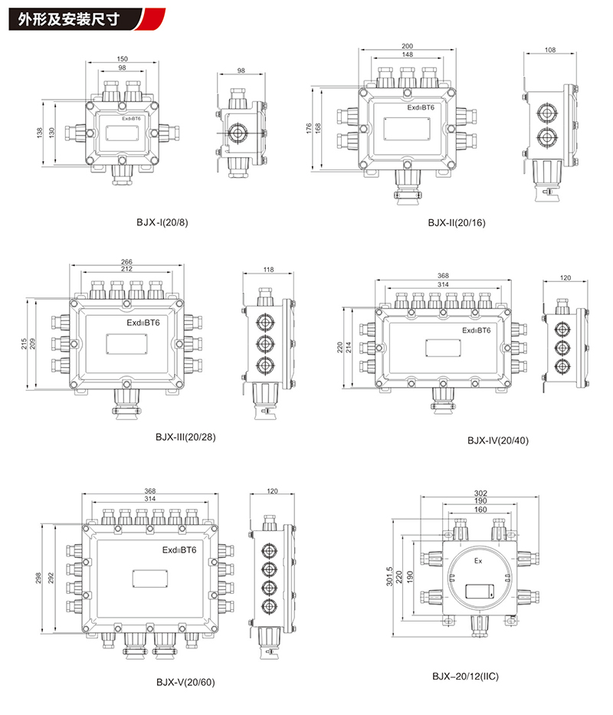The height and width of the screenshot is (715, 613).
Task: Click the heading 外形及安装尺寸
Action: [x=69, y=19]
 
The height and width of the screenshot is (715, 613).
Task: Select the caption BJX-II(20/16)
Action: [x=457, y=223]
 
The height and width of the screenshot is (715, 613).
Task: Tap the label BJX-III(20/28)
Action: [x=185, y=437]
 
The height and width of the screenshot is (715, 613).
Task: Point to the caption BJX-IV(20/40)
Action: [x=498, y=441]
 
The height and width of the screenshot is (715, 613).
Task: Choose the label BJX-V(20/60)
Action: [x=185, y=682]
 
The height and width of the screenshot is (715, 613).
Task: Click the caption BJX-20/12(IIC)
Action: [x=466, y=676]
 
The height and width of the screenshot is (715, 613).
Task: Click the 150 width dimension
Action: [x=123, y=59]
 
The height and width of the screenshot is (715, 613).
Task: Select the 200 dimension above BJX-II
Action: [x=408, y=46]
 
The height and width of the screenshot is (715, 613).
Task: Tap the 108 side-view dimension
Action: [x=550, y=50]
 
